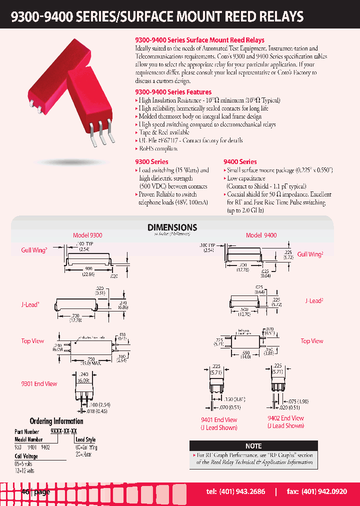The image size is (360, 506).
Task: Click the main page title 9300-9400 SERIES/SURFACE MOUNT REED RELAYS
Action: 157,16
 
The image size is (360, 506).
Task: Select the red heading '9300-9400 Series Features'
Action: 173,92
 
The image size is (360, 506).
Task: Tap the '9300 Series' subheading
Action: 151,161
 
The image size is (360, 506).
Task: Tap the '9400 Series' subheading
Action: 240,161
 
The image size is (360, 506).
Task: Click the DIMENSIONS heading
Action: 172,227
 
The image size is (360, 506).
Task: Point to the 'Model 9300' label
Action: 87,235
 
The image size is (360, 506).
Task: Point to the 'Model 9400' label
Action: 261,235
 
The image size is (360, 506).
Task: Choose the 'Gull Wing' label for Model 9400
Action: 310,254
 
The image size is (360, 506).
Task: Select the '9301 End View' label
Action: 39,384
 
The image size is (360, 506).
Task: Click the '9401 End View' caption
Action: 219,420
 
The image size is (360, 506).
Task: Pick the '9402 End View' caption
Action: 285,418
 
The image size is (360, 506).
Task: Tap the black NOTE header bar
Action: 253,445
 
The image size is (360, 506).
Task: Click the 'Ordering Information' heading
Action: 56,421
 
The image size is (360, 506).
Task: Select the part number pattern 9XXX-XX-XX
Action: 63,431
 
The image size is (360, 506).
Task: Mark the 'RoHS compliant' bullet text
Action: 158,148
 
